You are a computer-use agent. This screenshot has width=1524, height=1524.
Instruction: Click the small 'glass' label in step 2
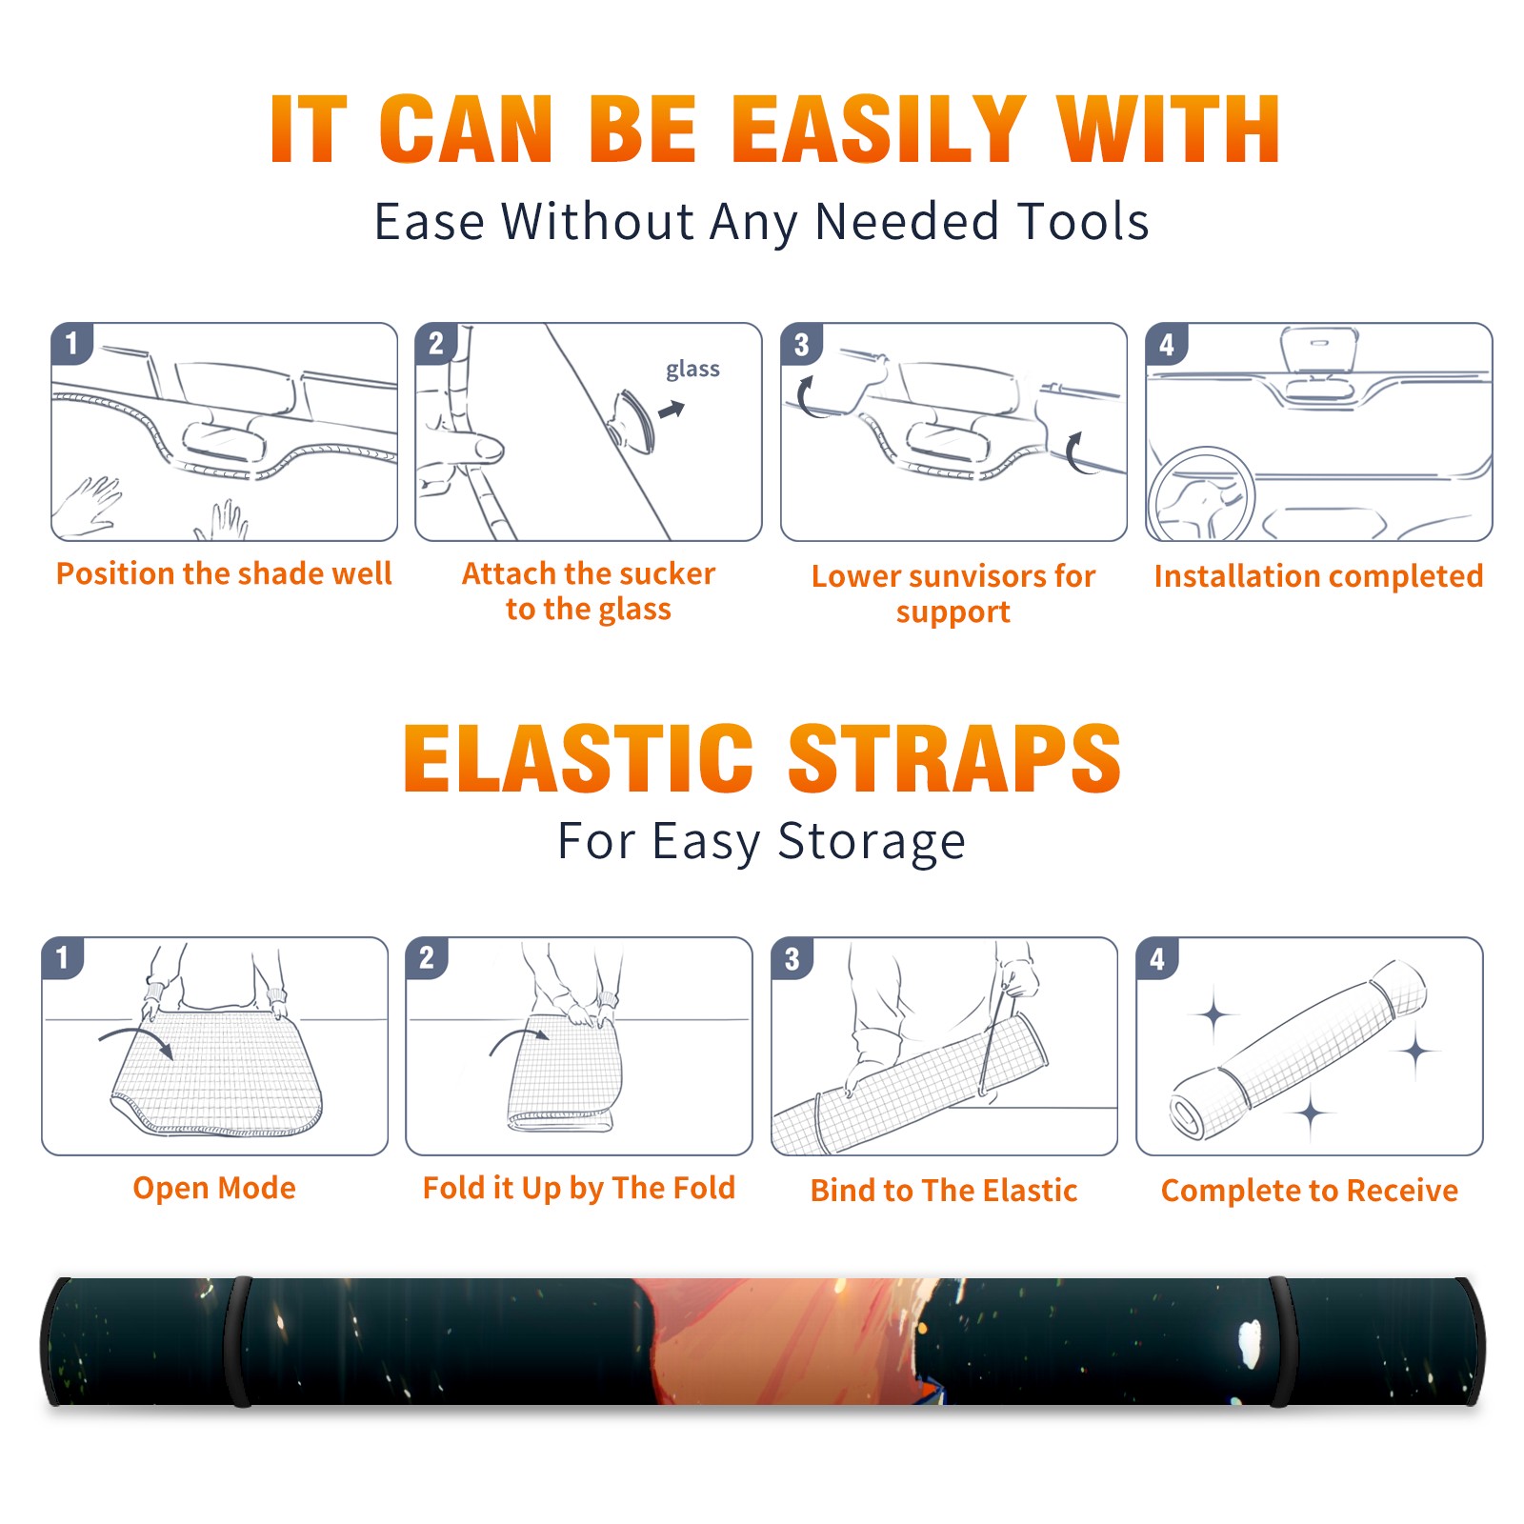(x=692, y=370)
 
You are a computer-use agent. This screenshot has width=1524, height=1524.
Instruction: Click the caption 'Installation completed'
(x=1318, y=576)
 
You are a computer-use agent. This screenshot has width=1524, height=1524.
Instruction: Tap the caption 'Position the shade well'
(x=224, y=573)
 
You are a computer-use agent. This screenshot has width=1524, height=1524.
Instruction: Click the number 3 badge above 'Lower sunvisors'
(x=801, y=345)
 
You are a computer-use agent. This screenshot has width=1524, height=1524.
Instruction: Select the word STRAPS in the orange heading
(x=954, y=758)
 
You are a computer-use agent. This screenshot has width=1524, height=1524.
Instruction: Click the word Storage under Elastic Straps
(x=872, y=842)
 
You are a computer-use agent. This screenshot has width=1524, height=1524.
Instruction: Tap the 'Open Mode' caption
(x=214, y=1188)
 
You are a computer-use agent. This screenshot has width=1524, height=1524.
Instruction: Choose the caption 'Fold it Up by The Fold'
(x=579, y=1189)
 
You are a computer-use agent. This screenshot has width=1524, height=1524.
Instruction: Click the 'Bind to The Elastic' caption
(x=944, y=1191)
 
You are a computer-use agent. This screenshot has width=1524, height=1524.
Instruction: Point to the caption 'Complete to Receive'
(x=1310, y=1191)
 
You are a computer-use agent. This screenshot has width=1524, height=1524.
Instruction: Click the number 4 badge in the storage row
(x=1157, y=958)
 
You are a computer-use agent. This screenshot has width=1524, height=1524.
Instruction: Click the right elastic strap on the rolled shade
(x=1281, y=1341)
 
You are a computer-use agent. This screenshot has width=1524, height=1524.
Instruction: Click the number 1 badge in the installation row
(x=71, y=343)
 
